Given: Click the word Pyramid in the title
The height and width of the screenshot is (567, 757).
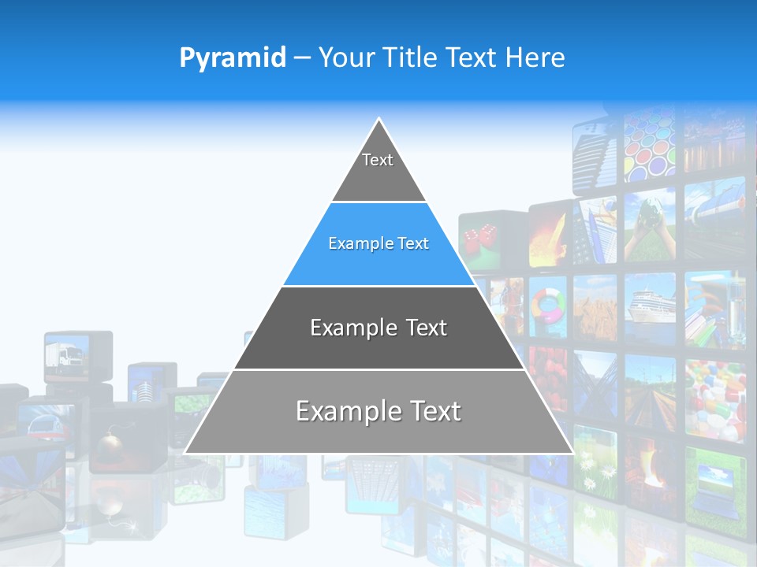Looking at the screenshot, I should (232, 58).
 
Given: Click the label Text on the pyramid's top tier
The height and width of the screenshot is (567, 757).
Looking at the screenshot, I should (378, 160).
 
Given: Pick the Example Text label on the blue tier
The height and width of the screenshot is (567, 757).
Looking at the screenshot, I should (378, 243).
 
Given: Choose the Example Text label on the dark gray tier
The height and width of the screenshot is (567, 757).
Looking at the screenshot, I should (378, 328).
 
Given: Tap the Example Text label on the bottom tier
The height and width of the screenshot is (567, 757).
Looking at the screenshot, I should (378, 411).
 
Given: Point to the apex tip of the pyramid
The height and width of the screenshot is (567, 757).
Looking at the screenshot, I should (379, 120).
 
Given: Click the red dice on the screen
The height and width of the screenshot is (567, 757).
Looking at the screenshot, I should (478, 237).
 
